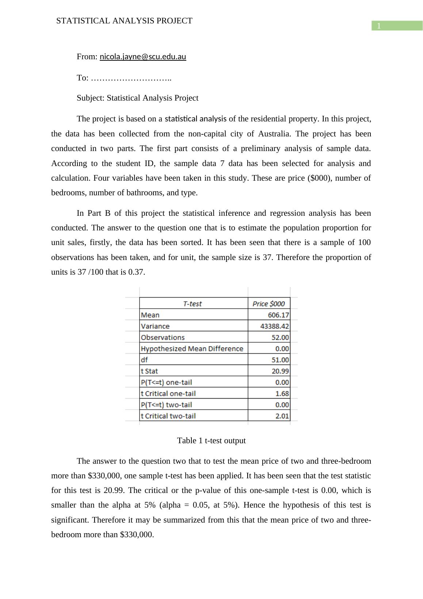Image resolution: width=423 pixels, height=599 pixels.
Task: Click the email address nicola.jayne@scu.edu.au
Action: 143,57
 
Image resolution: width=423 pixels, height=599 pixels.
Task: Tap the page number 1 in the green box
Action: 379,26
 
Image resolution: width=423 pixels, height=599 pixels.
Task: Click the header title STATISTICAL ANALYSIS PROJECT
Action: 124,21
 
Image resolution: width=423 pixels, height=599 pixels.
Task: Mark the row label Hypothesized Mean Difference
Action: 192,349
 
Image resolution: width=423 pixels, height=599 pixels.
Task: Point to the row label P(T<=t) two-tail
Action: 166,405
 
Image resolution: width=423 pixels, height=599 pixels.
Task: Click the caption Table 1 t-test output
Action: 211,441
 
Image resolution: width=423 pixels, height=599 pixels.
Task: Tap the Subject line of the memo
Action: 137,98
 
